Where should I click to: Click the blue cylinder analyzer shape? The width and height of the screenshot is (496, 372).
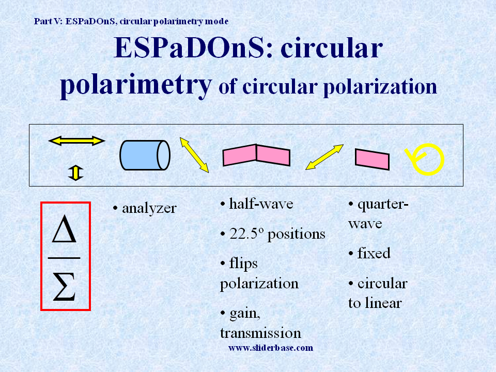click(145, 155)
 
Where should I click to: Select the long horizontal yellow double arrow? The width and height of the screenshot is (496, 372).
click(76, 141)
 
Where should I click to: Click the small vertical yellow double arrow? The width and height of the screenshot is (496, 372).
click(75, 173)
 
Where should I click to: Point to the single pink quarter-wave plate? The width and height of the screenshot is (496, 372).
click(372, 159)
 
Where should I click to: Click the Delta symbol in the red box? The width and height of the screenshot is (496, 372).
click(64, 229)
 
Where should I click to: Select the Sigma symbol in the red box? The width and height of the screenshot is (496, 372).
click(64, 287)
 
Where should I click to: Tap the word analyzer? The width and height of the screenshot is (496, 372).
click(149, 208)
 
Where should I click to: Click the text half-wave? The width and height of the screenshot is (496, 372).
click(261, 204)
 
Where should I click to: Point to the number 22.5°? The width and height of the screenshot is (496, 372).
click(246, 234)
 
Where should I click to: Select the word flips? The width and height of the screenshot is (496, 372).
click(243, 263)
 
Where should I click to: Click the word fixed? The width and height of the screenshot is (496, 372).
click(374, 253)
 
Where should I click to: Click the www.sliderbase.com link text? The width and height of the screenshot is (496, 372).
click(271, 348)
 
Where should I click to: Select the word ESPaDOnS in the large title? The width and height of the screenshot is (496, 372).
click(189, 48)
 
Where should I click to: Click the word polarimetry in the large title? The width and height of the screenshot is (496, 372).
click(136, 85)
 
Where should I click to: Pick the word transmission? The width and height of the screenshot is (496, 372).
click(260, 333)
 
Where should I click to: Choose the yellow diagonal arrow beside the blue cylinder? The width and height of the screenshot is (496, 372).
click(194, 154)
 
